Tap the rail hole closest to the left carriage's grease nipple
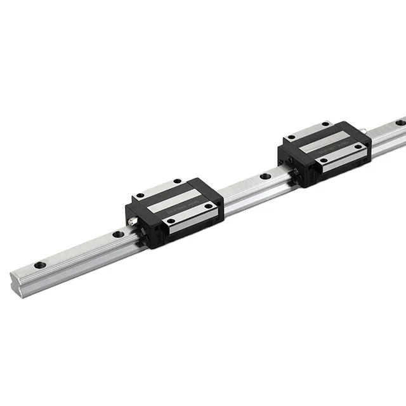click(x=118, y=234)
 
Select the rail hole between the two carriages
click(x=265, y=175)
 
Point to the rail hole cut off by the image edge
click(x=401, y=121)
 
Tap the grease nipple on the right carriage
click(x=367, y=132)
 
